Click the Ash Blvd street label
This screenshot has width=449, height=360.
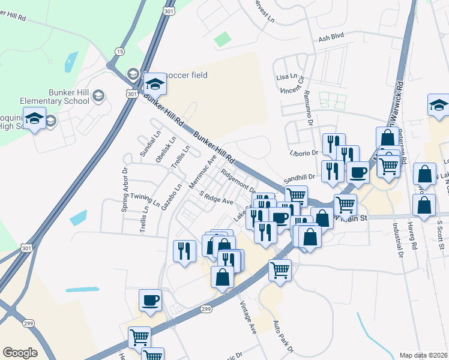coord(331,37)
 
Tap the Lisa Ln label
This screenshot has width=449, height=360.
coord(286,77)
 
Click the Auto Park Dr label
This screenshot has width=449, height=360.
coord(283,337)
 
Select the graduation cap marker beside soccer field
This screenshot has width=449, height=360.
coord(154,84)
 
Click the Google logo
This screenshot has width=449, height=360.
coord(20,353)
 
